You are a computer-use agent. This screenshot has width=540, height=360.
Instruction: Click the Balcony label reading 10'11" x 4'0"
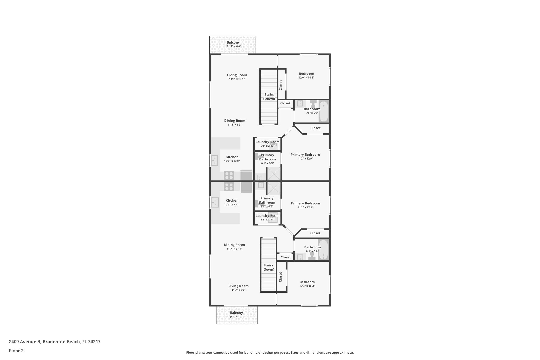(233, 44)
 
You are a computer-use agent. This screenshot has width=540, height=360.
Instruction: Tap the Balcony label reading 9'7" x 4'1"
(236, 314)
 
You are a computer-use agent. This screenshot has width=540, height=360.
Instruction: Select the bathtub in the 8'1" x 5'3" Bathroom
(324, 111)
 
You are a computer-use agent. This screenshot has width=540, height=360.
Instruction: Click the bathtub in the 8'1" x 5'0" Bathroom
(323, 250)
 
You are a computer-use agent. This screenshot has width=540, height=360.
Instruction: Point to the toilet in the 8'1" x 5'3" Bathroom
(313, 104)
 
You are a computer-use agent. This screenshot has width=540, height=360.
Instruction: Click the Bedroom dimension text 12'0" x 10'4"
(306, 78)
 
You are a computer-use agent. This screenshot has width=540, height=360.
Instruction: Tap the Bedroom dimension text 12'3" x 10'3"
(307, 286)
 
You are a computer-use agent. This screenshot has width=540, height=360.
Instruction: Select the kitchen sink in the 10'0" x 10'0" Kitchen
(215, 160)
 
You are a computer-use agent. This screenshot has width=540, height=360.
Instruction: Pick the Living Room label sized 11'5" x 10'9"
(237, 77)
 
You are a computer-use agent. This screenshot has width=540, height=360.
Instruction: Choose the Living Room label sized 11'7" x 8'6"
(238, 287)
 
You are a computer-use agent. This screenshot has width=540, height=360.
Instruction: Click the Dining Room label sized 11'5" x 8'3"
(235, 122)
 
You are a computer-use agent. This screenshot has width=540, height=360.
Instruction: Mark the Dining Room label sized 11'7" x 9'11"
(234, 247)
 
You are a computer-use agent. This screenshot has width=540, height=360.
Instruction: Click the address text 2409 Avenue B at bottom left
(55, 342)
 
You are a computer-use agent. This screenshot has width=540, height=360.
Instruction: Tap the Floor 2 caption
(16, 351)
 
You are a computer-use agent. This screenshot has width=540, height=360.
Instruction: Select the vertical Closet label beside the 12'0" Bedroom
(281, 85)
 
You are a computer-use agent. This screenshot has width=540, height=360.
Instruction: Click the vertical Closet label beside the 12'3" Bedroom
(280, 277)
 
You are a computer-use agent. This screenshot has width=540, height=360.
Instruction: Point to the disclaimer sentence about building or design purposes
(270, 352)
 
